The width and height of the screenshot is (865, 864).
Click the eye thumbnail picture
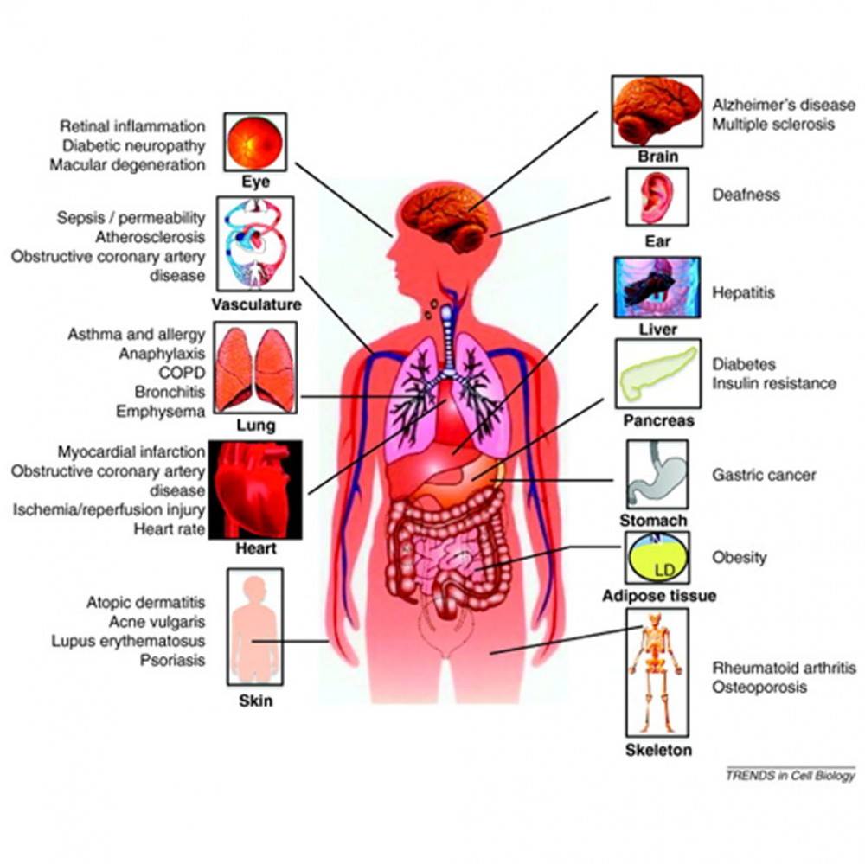[255, 143]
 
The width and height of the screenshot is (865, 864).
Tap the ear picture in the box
[657, 197]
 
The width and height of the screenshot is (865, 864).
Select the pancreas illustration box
[658, 374]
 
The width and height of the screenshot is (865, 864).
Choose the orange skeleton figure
[657, 673]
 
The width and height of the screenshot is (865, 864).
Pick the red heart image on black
[255, 490]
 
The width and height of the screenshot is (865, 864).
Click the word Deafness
[746, 195]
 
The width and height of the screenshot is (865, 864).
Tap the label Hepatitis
[743, 292]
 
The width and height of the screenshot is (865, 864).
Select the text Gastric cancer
[764, 475]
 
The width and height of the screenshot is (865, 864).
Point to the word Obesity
[740, 557]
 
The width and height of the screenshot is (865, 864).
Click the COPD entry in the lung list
[182, 373]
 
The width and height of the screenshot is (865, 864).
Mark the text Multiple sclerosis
[772, 125]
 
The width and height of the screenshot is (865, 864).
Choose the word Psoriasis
[172, 660]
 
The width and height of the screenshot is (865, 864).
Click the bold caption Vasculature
[257, 304]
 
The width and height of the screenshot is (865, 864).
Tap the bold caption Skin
[255, 701]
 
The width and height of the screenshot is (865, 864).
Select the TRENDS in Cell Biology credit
[791, 776]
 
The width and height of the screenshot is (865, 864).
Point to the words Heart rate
[170, 529]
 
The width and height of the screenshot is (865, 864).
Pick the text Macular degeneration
[127, 165]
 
